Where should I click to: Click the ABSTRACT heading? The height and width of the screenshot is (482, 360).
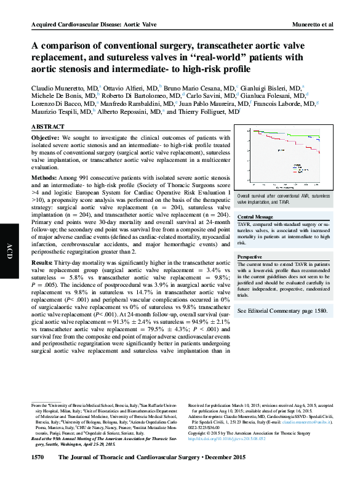[48, 126]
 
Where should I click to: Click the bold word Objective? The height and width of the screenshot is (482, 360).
[47, 137]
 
